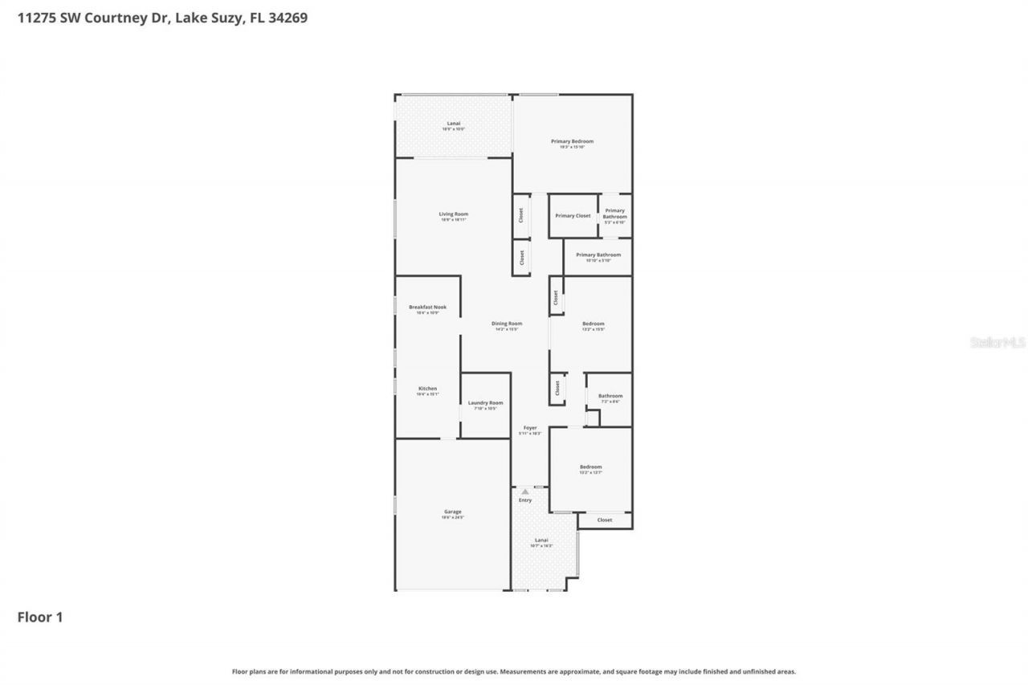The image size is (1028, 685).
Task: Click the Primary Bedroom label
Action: pos(572,141)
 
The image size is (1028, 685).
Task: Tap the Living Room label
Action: pos(454,214)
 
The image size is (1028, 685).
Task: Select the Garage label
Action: pos(453,512)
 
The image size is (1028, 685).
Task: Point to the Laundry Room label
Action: pos(485,403)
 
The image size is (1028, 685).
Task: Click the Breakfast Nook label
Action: pos(427,308)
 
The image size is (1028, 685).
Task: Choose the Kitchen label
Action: pos(427,389)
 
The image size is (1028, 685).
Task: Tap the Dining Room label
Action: pos(507,324)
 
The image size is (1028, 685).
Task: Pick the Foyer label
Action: pos(530,428)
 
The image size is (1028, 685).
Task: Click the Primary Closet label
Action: pos(573,216)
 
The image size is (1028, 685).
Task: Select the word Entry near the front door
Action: pos(525,500)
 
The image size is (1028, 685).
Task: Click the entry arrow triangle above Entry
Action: pos(525,491)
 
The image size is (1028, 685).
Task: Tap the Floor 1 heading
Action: pos(40,618)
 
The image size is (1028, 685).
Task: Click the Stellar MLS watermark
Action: pos(998,342)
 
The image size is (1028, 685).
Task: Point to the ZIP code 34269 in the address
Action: pos(289,18)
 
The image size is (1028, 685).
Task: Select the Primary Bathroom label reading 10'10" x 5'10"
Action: pos(598,255)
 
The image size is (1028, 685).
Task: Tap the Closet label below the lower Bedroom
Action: pos(605,520)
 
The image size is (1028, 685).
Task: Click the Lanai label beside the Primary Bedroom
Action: pos(454,124)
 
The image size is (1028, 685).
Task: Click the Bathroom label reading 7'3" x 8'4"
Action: pos(610,396)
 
